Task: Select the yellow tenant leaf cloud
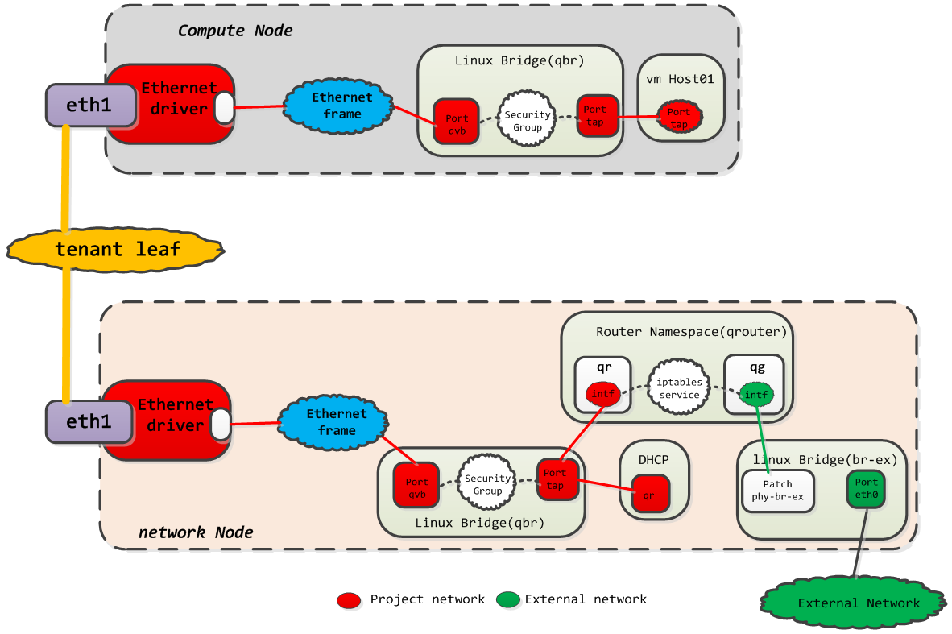(117, 249)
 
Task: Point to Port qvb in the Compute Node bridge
(456, 122)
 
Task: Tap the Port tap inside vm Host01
(679, 118)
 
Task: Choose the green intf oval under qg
(755, 395)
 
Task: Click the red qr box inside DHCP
(650, 492)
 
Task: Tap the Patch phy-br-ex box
(777, 490)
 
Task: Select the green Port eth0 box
(866, 489)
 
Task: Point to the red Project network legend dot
(349, 600)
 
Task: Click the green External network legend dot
(507, 600)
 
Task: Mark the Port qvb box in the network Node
(416, 485)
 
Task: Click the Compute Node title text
(234, 31)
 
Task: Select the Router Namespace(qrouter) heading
(691, 331)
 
